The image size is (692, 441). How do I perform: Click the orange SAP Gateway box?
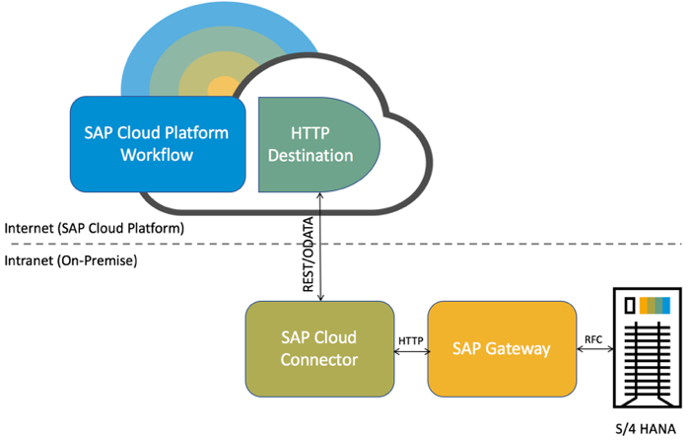click(502, 348)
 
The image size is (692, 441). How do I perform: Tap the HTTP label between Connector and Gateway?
click(410, 340)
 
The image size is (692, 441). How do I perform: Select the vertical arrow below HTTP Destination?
click(321, 247)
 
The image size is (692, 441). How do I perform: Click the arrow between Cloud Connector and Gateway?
click(410, 352)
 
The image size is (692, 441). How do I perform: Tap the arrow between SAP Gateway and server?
click(593, 350)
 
